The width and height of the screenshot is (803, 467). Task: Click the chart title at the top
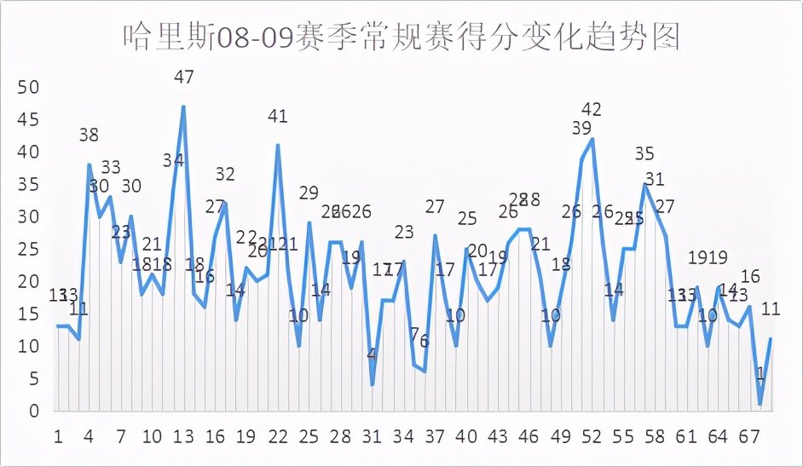(401, 37)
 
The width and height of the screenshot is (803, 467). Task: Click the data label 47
(183, 78)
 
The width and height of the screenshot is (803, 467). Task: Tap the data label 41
(278, 116)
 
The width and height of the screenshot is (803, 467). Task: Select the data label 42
(592, 109)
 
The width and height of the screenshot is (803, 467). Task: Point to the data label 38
(89, 135)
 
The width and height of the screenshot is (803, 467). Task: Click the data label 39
(581, 129)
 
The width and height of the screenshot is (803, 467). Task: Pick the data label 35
(644, 154)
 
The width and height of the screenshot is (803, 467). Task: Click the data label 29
(309, 193)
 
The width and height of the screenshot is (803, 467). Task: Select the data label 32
(225, 174)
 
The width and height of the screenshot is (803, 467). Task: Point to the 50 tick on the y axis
(29, 88)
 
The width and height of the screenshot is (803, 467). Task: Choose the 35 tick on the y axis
(29, 185)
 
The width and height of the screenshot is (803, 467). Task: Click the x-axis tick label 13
(183, 437)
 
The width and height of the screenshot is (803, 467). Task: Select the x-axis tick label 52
(592, 437)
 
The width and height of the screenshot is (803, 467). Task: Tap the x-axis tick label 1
(58, 437)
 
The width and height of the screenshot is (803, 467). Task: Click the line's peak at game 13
(183, 107)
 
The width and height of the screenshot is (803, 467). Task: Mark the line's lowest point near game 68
(760, 404)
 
